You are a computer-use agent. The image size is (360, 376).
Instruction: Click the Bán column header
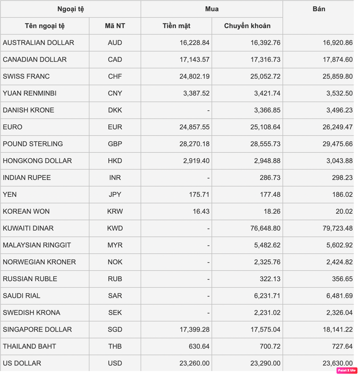318,9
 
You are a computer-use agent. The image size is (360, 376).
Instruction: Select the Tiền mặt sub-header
176,26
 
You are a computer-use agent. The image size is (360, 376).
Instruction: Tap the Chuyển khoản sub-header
247,26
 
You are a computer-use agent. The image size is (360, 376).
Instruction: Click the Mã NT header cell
115,26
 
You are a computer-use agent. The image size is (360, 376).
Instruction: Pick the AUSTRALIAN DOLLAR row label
38,43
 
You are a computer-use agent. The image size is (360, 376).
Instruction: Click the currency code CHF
115,76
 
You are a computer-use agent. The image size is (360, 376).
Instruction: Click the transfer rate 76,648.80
265,228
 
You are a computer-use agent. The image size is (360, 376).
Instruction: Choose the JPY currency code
115,195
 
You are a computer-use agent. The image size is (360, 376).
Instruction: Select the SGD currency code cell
115,330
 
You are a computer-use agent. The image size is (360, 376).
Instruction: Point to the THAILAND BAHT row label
29,347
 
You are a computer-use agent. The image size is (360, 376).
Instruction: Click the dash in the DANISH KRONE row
208,110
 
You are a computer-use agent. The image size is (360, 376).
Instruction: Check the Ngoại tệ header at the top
70,9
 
